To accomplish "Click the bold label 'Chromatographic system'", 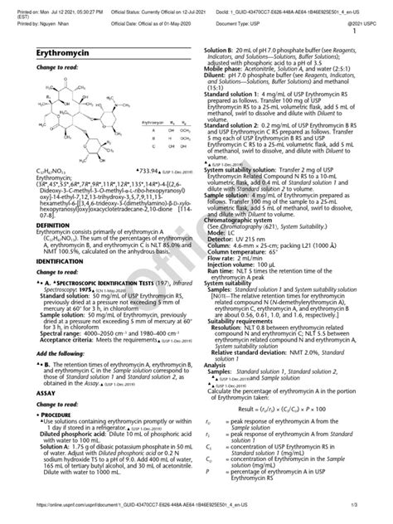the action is click(237, 243).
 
